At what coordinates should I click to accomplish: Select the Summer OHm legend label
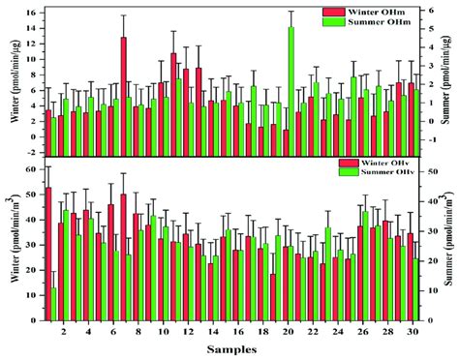click(380, 22)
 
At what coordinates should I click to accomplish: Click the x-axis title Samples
click(232, 349)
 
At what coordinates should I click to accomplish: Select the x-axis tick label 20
click(289, 332)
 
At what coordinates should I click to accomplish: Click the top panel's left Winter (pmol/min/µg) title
click(10, 82)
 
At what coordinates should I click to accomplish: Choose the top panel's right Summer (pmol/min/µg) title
click(450, 82)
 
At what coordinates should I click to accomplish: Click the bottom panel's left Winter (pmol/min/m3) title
click(10, 247)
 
